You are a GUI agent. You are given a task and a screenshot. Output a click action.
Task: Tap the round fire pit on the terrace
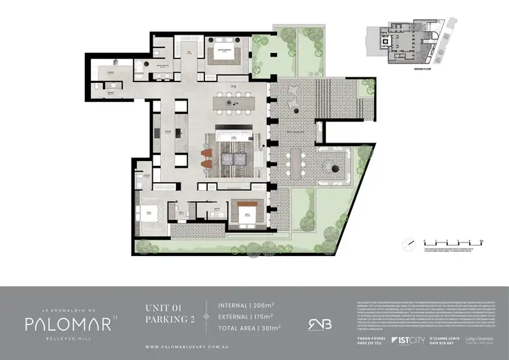coord(334,166)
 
